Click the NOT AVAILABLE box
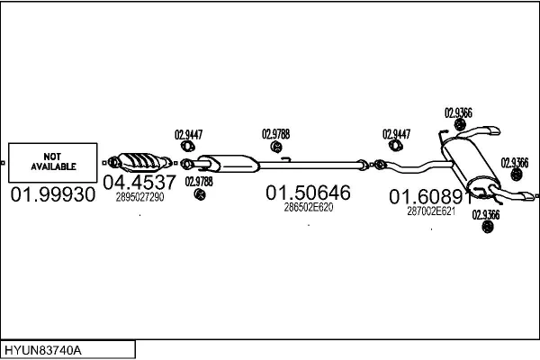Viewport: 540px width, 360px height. [x=54, y=163]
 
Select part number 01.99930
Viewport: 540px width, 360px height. [x=53, y=194]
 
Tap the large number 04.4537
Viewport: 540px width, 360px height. [x=139, y=183]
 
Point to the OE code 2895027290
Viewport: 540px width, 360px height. [x=139, y=197]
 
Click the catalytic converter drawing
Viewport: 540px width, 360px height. [x=140, y=162]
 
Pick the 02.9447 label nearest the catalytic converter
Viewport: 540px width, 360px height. [x=187, y=134]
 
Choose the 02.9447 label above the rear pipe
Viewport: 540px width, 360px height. [x=396, y=134]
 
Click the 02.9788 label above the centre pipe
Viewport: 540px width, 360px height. [x=275, y=134]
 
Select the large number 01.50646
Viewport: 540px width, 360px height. [x=308, y=193]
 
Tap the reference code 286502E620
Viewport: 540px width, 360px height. [x=309, y=207]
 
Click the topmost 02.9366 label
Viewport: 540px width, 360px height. [x=459, y=113]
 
